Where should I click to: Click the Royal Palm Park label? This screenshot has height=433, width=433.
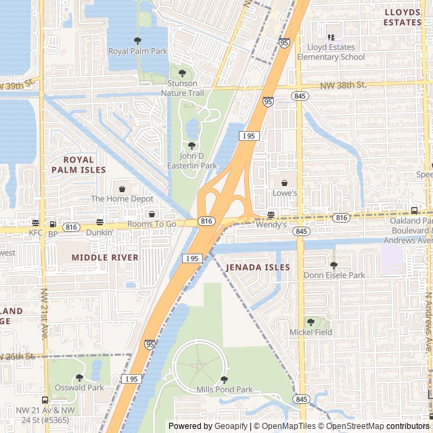tap(138, 51)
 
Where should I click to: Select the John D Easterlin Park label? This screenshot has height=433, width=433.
tap(192, 160)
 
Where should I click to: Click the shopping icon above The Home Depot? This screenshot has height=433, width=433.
tap(122, 188)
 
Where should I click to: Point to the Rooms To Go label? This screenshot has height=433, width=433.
tap(152, 224)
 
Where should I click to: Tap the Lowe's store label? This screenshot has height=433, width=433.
tap(285, 193)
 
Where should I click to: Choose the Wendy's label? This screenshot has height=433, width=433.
tap(271, 225)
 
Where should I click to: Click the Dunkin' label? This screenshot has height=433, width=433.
tap(99, 232)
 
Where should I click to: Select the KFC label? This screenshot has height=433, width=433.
tap(35, 232)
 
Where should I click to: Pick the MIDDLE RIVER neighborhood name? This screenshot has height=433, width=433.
tap(105, 258)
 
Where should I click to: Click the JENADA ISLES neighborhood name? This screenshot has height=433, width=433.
tap(258, 267)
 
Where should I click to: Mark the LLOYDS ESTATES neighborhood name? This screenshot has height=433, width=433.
tap(403, 17)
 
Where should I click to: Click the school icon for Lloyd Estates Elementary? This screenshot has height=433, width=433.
tap(331, 37)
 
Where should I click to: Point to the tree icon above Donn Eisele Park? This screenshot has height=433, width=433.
tap(334, 265)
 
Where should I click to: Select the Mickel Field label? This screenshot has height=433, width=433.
tap(311, 332)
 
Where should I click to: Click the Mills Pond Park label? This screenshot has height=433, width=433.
tap(224, 390)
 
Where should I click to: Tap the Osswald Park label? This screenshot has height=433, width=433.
tap(79, 388)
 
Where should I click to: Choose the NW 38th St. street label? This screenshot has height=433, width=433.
tap(343, 85)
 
